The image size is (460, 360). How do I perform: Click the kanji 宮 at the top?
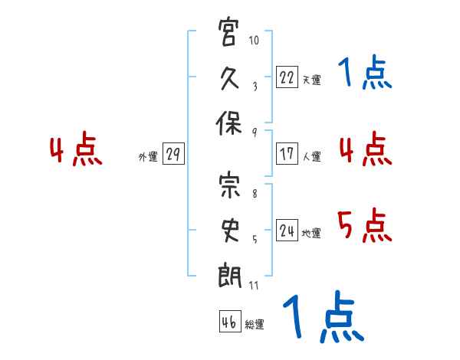point(228,31)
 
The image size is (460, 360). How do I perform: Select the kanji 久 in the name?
point(229,78)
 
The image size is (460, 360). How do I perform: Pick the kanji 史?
point(230,230)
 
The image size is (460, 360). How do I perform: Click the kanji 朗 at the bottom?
point(229,276)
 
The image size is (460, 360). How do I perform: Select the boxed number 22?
point(287,77)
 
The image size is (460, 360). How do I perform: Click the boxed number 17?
point(287,154)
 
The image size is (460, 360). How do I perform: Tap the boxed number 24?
point(287,230)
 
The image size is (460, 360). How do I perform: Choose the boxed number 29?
point(173,154)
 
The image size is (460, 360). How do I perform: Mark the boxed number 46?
point(230,321)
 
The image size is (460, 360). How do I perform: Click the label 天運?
point(312,80)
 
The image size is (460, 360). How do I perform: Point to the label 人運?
point(312,156)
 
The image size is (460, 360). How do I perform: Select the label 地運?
point(311,234)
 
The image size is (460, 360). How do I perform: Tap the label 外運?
point(148,157)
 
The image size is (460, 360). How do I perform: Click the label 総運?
point(255,324)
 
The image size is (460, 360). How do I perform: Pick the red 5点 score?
point(365,225)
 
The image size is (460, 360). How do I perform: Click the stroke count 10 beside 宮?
point(254,40)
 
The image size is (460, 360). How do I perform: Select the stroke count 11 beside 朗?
point(254,285)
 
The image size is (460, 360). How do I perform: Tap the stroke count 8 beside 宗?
point(255,194)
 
